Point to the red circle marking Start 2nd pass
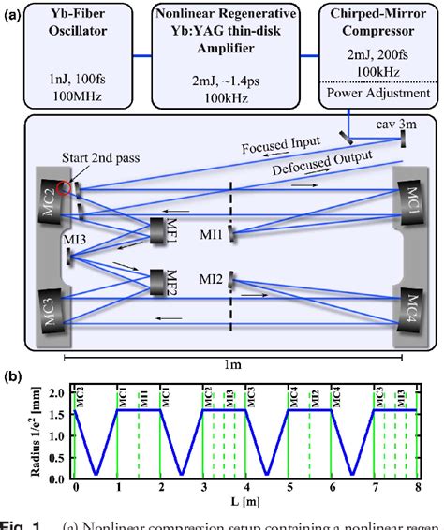[x=65, y=189]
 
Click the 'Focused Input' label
[x=268, y=146]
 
